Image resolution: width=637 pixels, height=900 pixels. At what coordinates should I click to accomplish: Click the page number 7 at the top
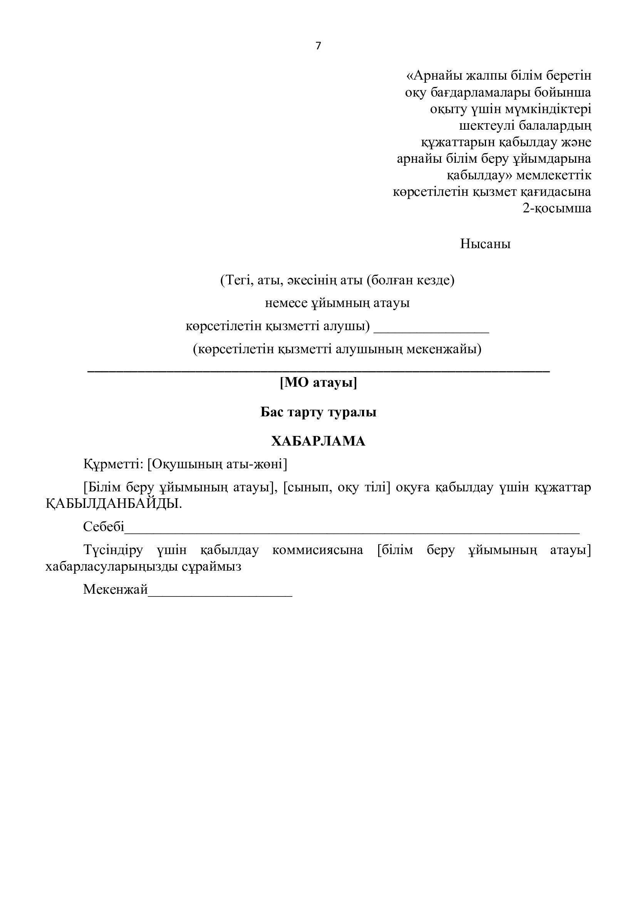[x=318, y=46]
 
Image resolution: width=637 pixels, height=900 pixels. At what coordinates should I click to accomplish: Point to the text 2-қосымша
[x=557, y=208]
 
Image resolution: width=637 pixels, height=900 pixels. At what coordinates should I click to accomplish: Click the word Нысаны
[x=485, y=244]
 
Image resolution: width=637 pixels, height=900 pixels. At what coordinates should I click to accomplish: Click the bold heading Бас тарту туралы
[x=318, y=412]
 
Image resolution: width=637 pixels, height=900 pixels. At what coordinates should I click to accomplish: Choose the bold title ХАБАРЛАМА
[x=318, y=441]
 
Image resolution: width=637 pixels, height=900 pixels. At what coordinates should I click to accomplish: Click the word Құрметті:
[x=113, y=464]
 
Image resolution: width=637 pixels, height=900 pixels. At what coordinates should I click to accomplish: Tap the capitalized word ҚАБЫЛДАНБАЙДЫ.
[x=114, y=504]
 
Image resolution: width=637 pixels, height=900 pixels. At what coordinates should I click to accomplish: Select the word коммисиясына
[x=318, y=550]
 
